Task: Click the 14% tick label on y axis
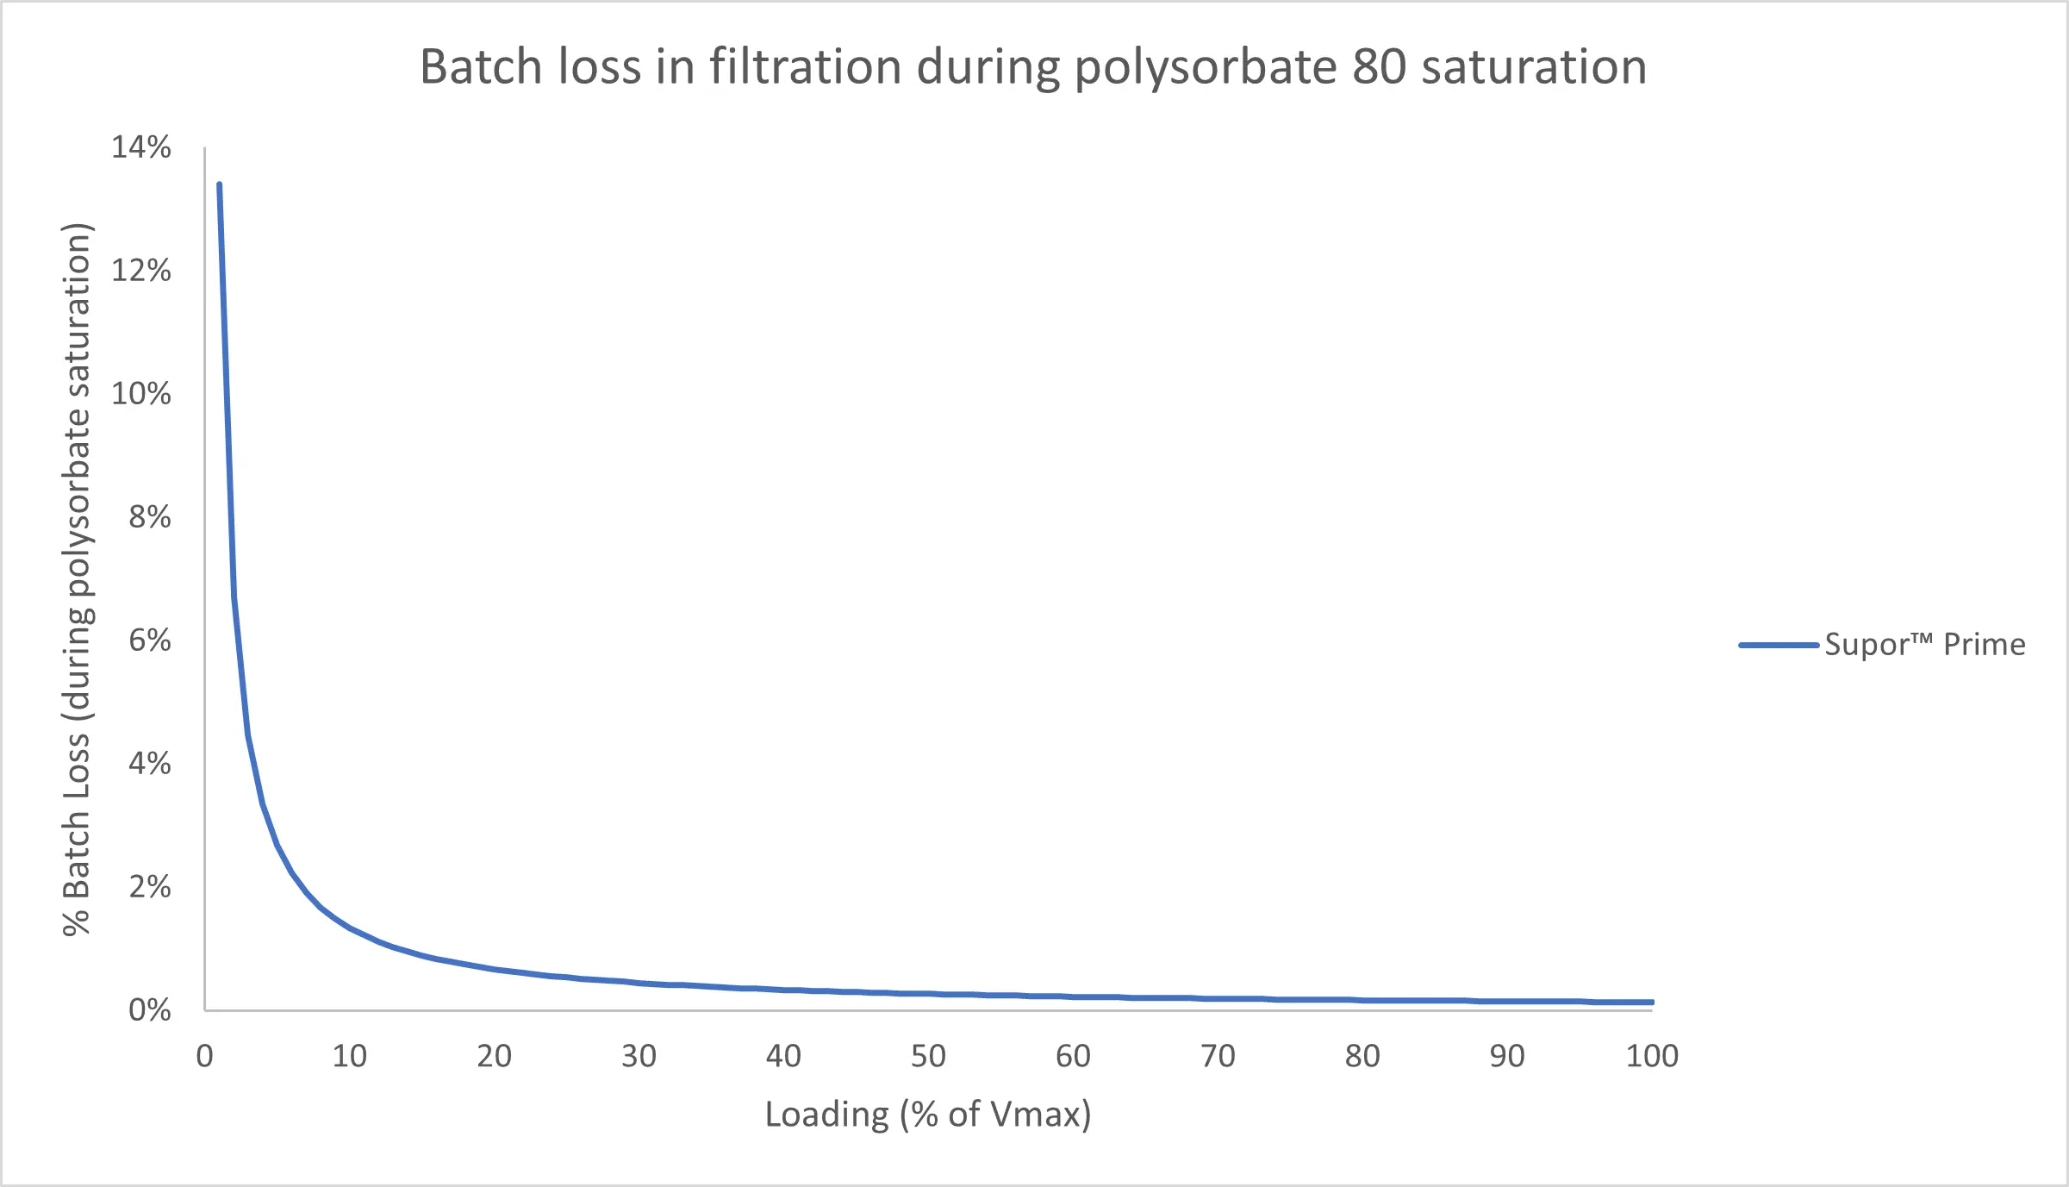[141, 147]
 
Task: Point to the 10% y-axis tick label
[141, 394]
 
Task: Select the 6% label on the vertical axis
[150, 640]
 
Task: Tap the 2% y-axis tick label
[150, 887]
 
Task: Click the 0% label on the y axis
[150, 1010]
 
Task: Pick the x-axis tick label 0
[204, 1056]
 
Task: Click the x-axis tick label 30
[639, 1056]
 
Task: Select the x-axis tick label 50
[928, 1056]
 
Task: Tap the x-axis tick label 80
[1362, 1056]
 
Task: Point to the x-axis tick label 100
[1652, 1056]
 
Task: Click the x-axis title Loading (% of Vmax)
[928, 1115]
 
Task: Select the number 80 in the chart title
[1379, 67]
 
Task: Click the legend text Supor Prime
[1925, 645]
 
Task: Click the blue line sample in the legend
[1778, 645]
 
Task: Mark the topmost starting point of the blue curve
[219, 184]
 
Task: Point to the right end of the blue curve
[1651, 1003]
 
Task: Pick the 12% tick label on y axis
[141, 271]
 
